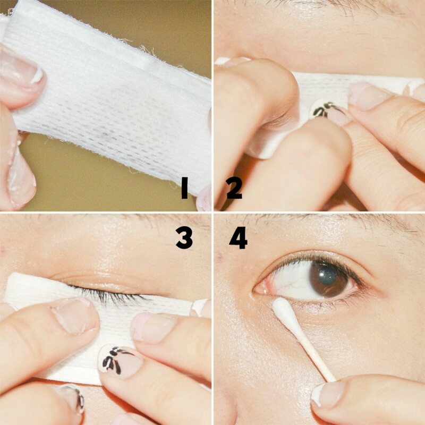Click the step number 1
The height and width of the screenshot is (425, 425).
[184, 189]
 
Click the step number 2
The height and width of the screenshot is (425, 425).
[234, 189]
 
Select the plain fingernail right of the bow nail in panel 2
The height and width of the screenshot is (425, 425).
[367, 96]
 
